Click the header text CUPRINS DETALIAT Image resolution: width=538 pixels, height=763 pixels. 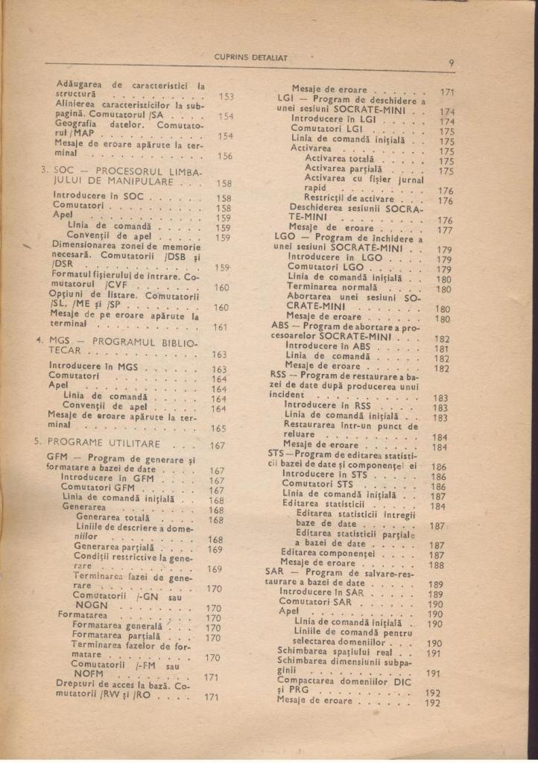pos(250,57)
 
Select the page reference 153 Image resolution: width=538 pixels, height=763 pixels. pos(226,97)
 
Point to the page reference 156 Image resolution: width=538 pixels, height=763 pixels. pos(224,156)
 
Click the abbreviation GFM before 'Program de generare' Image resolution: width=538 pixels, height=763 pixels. pos(57,458)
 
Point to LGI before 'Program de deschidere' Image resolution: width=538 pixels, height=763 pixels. pos(288,98)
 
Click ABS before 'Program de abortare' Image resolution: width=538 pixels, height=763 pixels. pos(280,326)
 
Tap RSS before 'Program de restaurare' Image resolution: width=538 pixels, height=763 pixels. pos(279,375)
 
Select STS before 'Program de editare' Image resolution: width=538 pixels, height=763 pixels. pos(276,453)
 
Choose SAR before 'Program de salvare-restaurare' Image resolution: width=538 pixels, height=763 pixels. pos(275,572)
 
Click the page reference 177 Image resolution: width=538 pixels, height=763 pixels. pos(445,230)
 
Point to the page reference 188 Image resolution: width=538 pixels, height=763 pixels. pos(437,565)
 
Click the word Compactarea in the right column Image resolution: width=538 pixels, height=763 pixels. pos(305,680)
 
